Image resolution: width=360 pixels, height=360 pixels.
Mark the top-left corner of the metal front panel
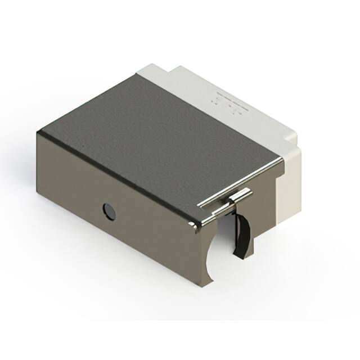click(x=38, y=133)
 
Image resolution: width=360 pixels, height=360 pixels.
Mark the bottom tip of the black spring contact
click(x=237, y=256)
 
